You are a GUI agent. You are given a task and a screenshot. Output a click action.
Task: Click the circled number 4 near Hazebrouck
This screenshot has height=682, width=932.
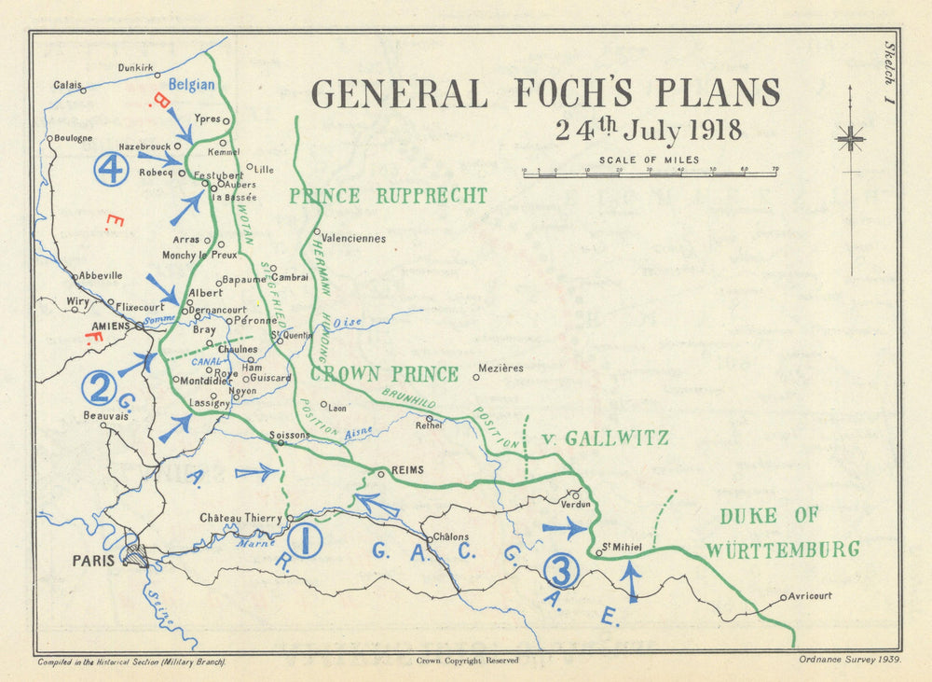coord(111,170)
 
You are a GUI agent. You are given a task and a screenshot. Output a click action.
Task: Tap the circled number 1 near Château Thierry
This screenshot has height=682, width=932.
coord(305,540)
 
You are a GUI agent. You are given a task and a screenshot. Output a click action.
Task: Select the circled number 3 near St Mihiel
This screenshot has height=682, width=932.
coord(562,570)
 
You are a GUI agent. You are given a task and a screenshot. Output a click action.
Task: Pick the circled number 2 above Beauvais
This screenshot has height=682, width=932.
coord(98,388)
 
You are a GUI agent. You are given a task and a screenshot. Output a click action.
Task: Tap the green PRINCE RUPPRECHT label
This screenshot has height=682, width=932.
coord(388,196)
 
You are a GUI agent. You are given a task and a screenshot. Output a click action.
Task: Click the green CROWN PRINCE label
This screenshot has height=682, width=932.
coord(384,374)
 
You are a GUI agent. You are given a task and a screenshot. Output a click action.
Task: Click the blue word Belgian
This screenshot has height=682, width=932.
coord(192,85)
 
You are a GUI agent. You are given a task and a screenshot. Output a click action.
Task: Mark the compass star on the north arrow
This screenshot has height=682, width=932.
coord(850,139)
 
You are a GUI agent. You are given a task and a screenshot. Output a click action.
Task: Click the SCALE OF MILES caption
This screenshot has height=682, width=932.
coord(650,160)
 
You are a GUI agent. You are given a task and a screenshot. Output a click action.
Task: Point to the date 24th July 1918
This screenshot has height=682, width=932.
coord(649,130)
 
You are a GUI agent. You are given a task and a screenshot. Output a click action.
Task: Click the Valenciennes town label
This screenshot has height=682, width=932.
coord(352,239)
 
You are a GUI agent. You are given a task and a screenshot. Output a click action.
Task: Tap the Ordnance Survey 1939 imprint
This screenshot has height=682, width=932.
coord(848,660)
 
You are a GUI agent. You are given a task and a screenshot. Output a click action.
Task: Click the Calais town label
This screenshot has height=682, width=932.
coord(66,85)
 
